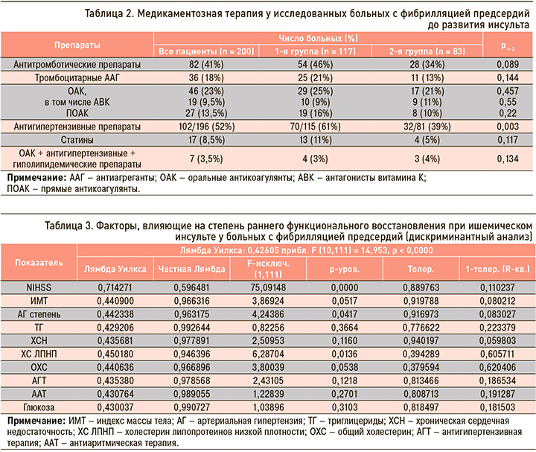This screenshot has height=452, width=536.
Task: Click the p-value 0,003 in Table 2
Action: [x=508, y=127]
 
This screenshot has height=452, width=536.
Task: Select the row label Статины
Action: [x=77, y=140]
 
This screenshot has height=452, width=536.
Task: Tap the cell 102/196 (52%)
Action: [x=206, y=127]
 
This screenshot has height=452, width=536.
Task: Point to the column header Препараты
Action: [x=77, y=45]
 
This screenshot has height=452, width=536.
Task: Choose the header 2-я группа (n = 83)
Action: [x=427, y=51]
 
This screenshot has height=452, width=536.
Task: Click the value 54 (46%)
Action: [x=315, y=64]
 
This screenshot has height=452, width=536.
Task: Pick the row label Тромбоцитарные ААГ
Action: [x=77, y=77]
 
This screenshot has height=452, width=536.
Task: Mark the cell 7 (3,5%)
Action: [x=206, y=159]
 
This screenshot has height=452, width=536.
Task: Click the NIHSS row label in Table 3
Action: [x=39, y=287]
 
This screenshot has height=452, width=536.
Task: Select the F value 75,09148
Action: [x=268, y=287]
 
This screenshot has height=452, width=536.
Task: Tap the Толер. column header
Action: [x=421, y=269]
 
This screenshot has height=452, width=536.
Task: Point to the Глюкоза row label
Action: [x=39, y=407]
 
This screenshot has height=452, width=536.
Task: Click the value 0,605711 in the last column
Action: [x=497, y=354]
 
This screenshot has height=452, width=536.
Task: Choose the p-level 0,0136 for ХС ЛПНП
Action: [x=345, y=354]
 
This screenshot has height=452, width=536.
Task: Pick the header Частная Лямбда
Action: [x=191, y=269]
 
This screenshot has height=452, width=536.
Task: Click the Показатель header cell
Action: [x=39, y=263]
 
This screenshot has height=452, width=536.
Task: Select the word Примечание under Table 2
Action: [x=36, y=178]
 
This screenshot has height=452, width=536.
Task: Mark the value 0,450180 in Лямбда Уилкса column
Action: [x=115, y=354]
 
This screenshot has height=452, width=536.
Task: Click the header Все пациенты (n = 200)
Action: [x=206, y=51]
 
